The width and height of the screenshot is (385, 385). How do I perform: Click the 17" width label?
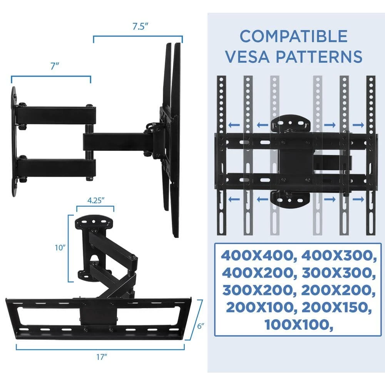[x=101, y=357]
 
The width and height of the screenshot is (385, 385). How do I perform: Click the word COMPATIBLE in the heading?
[x=293, y=37]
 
